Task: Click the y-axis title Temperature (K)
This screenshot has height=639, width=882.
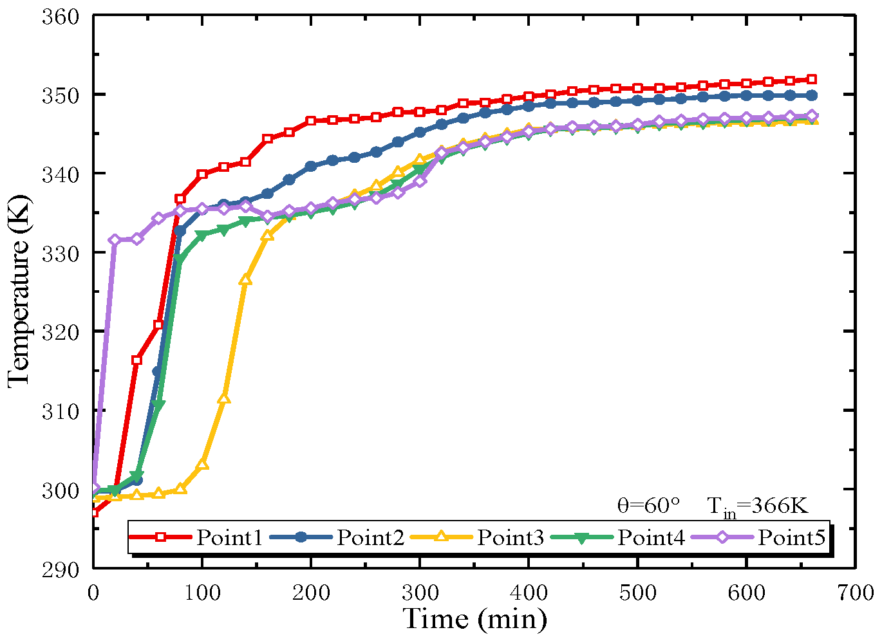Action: (x=19, y=292)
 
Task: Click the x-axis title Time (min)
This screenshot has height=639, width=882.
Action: (x=474, y=619)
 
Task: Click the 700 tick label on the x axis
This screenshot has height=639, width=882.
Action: (x=856, y=593)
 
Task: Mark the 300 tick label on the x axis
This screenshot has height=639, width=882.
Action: (x=420, y=593)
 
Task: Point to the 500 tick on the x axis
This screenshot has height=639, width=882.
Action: (x=637, y=593)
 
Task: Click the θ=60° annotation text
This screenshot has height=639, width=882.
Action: (x=648, y=506)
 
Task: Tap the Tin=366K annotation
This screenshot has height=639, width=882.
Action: (x=757, y=507)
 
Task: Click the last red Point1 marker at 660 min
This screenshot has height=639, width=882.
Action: (x=812, y=79)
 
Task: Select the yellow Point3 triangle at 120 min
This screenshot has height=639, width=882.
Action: (x=224, y=399)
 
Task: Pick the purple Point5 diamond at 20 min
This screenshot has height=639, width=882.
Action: (x=115, y=240)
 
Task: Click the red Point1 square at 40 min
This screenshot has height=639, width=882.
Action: (x=136, y=360)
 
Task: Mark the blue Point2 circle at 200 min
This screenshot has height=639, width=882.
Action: (x=311, y=166)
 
